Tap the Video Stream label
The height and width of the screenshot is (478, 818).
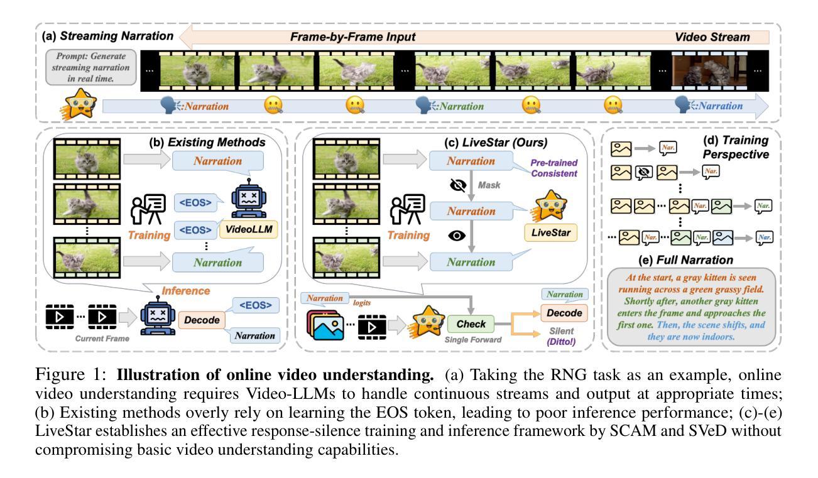(x=712, y=38)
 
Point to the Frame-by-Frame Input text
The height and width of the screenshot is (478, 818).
(x=352, y=38)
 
